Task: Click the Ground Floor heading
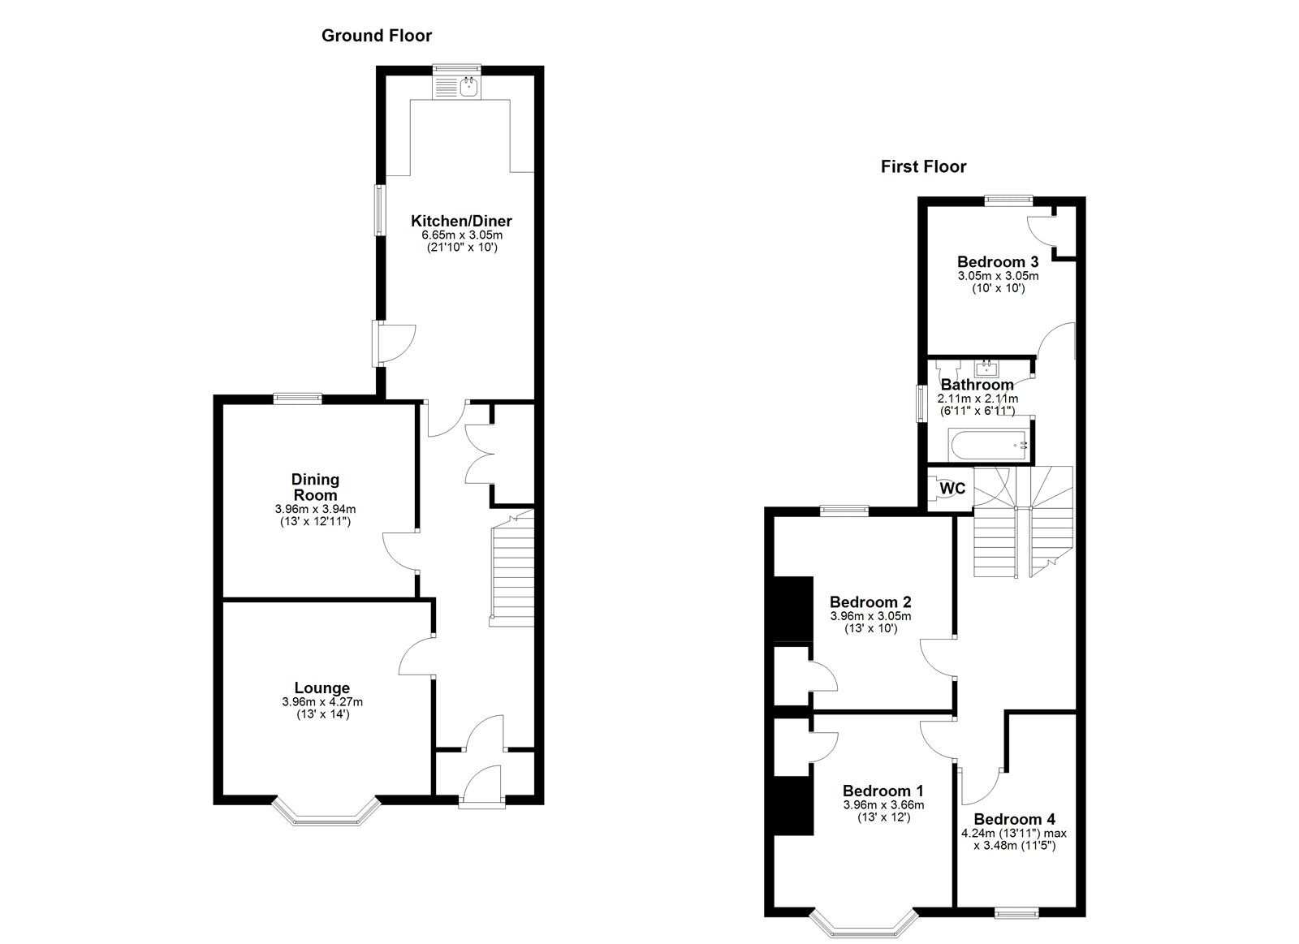coord(377,36)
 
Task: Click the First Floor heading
coord(923,167)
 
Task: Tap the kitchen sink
coord(468,88)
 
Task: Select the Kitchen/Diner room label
coord(462,221)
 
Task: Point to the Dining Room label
coord(316,487)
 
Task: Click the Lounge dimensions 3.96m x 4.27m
coord(322,701)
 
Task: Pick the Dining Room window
coord(298,398)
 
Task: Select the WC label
coord(952,489)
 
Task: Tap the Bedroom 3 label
coord(998,261)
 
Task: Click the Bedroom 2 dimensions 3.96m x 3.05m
coord(870,616)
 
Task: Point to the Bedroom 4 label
coord(1014,819)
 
